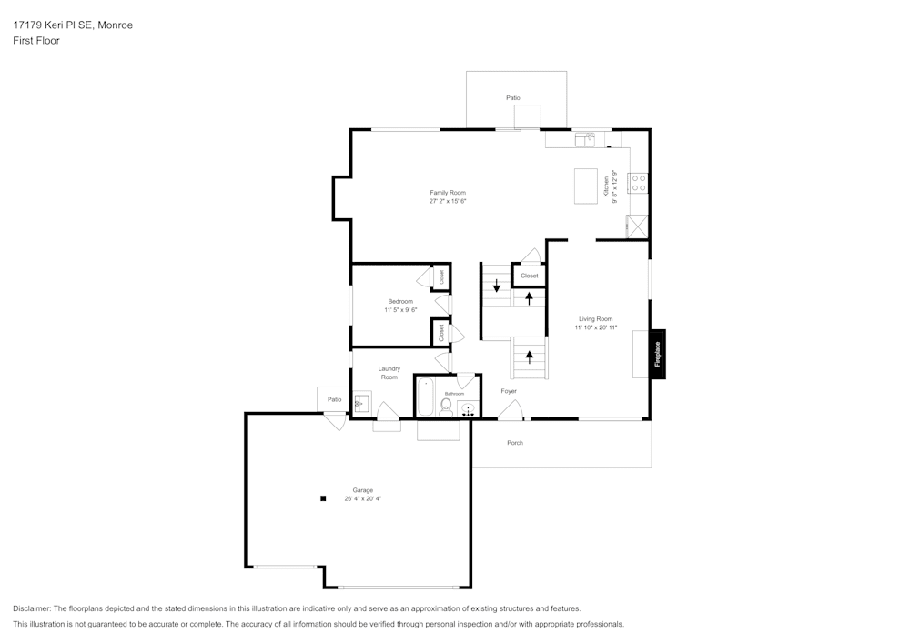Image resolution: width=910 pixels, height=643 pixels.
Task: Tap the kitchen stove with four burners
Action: [637, 183]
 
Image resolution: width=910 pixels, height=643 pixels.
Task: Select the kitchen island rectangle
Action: [585, 186]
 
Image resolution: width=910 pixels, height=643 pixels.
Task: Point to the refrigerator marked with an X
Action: [637, 226]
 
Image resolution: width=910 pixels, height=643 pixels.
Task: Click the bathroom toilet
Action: [446, 407]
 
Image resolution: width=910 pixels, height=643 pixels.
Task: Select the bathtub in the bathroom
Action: [426, 397]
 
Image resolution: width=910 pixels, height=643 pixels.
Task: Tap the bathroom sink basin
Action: [468, 408]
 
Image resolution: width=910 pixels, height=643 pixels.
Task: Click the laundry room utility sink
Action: [361, 402]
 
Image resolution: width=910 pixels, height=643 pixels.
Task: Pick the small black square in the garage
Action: [322, 498]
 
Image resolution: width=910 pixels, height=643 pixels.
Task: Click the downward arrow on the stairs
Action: [496, 286]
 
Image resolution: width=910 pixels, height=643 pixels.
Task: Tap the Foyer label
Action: [509, 391]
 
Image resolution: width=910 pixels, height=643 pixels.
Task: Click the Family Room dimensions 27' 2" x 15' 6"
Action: [448, 201]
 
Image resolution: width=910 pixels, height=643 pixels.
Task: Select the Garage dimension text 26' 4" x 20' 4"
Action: [362, 498]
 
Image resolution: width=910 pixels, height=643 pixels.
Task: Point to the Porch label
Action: [515, 443]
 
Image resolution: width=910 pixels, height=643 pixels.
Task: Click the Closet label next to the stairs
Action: [529, 276]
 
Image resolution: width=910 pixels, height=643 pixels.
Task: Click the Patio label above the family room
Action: [513, 97]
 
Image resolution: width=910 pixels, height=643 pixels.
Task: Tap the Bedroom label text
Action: [400, 301]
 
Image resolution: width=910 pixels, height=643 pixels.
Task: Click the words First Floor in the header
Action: [36, 41]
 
